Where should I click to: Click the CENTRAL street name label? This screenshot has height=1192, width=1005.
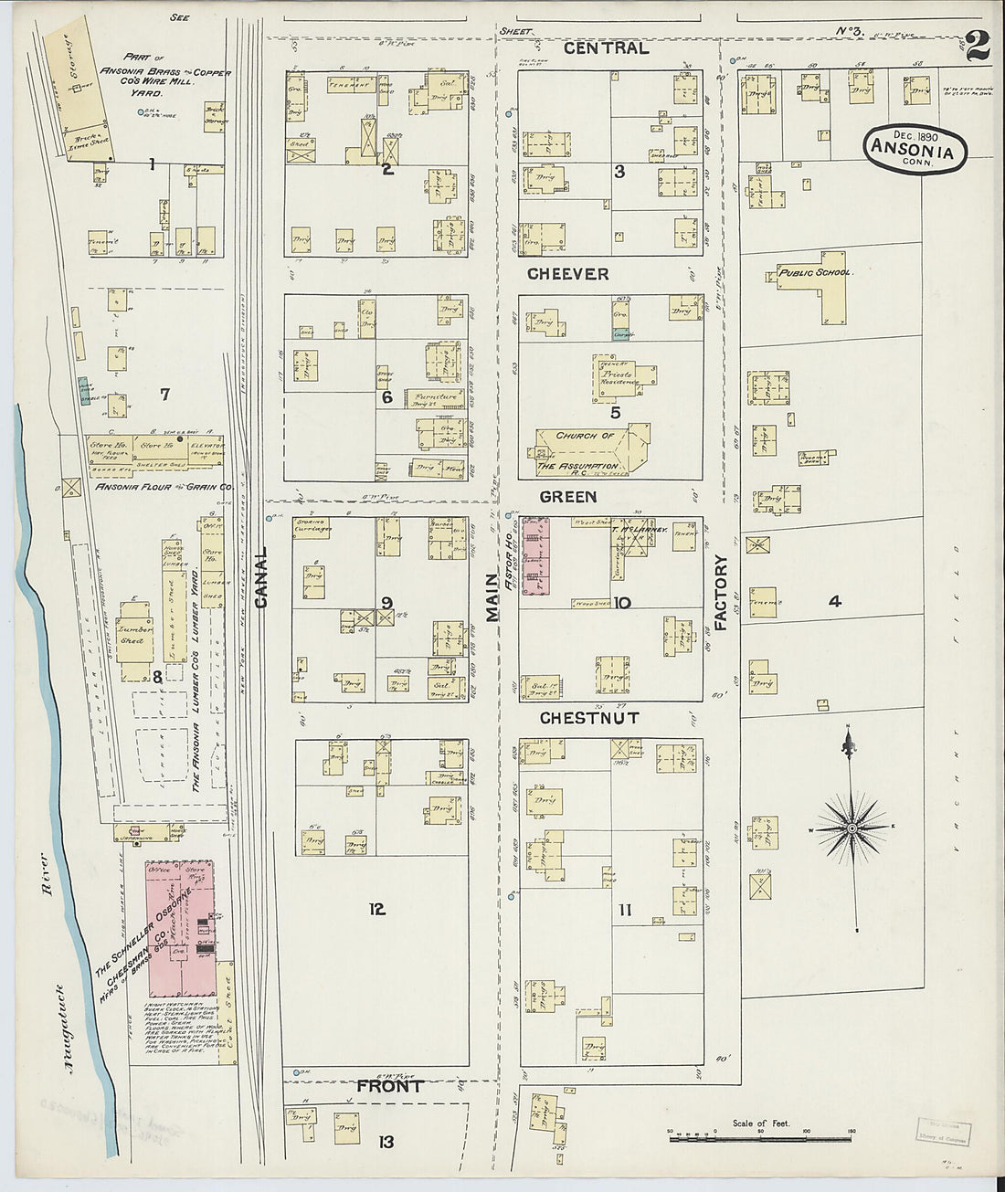point(605,47)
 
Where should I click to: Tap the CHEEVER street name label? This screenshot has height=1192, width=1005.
point(567,274)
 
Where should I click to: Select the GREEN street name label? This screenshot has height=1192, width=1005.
point(567,497)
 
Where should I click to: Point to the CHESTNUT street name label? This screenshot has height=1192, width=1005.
point(588,718)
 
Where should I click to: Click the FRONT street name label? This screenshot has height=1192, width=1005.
point(389,1087)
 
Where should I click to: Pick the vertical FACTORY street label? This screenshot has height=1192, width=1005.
point(720,594)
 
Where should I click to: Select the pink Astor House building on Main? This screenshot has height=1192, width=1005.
point(536,556)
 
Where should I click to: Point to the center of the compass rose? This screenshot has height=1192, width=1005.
point(852,828)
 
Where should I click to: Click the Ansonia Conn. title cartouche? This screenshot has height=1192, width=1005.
point(915,147)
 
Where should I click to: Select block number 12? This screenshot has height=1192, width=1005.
point(376,909)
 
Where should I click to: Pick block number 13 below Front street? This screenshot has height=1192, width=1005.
point(387,1141)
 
